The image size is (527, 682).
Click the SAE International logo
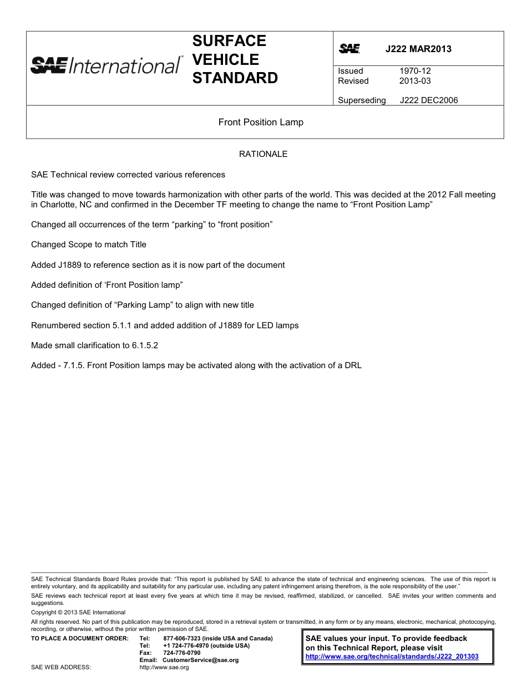(x=106, y=65)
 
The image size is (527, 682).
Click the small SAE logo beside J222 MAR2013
(x=349, y=49)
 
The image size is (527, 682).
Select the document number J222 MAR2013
(x=418, y=49)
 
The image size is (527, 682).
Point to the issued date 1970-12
(x=415, y=71)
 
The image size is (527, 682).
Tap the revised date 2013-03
(x=415, y=81)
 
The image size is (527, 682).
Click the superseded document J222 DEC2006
(x=429, y=100)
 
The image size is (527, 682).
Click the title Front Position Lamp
(x=261, y=122)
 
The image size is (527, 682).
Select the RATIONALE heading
(x=263, y=154)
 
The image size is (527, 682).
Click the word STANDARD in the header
(x=235, y=78)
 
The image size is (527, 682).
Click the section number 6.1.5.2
(x=145, y=345)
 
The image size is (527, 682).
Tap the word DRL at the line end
(x=353, y=365)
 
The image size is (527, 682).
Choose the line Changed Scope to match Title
(x=89, y=245)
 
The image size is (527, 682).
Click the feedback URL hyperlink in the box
(x=392, y=656)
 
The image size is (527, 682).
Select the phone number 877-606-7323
(x=183, y=639)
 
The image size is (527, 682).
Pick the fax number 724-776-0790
(x=182, y=653)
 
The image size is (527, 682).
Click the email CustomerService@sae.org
(x=200, y=660)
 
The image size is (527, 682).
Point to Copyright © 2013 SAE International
(x=78, y=613)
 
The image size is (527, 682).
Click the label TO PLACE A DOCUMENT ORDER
(x=80, y=639)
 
